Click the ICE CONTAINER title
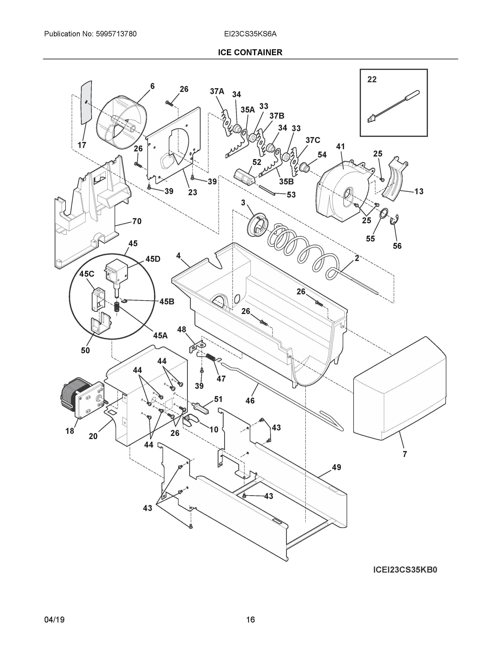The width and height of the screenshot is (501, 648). click(250, 52)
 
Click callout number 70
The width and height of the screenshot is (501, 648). click(137, 221)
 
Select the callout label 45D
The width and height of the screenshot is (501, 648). click(153, 259)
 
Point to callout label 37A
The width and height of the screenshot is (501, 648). click(217, 91)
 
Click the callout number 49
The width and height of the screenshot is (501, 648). click(336, 467)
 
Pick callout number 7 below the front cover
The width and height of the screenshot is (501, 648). click(405, 454)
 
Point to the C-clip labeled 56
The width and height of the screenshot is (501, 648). click(396, 220)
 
